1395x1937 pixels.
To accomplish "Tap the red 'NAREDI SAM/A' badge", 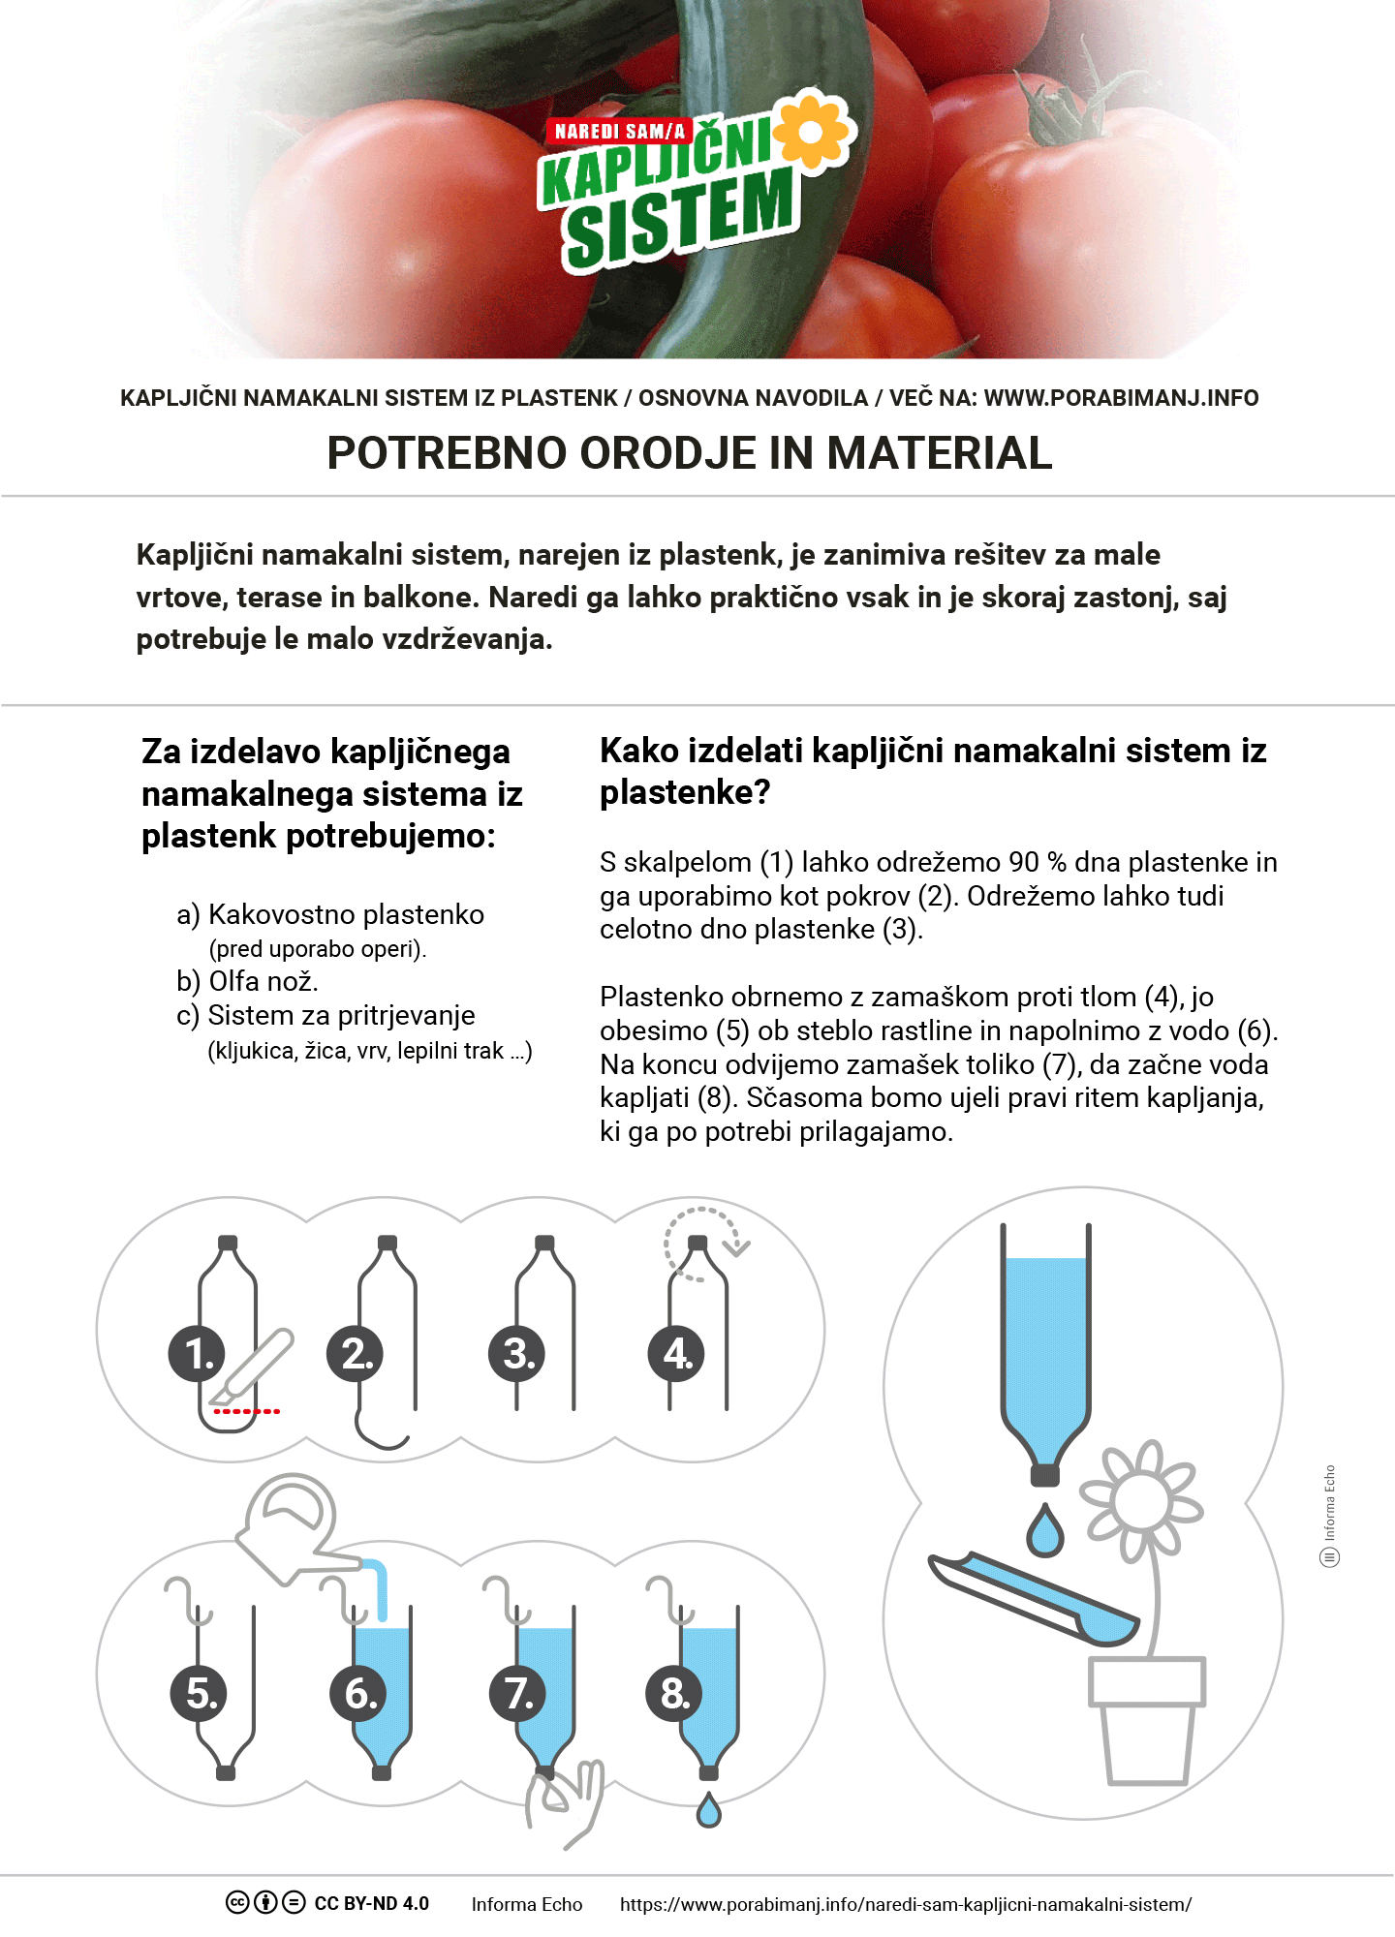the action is coord(619,131).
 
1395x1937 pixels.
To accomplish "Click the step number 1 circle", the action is coord(197,1354).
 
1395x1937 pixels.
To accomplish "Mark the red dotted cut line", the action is coord(246,1411).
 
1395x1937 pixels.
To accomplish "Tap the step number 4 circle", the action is coord(676,1354).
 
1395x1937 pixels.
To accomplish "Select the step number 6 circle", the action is coord(359,1694).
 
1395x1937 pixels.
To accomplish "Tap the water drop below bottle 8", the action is coord(709,1811).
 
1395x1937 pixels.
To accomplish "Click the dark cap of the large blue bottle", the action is coord(1045,1475).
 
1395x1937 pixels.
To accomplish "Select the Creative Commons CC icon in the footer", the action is coord(237,1902).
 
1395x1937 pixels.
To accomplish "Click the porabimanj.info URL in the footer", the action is coord(906,1904).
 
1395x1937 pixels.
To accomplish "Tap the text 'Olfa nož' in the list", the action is coord(263,981).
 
